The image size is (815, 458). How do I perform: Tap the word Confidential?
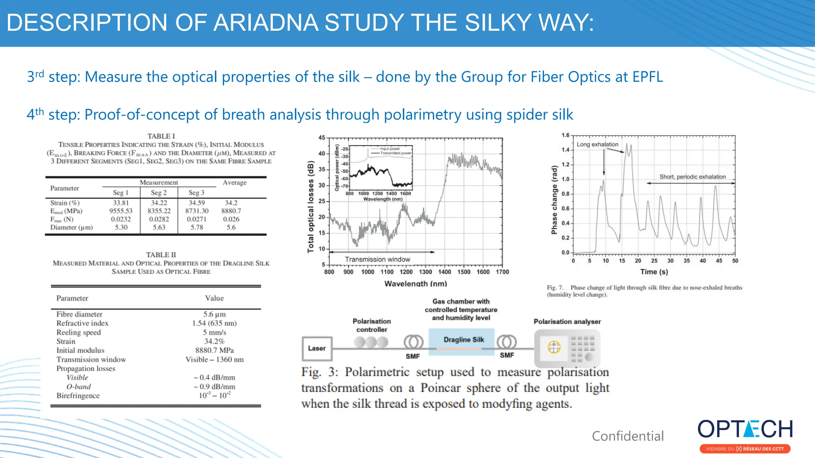(x=628, y=436)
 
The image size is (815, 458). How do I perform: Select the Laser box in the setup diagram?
(x=317, y=348)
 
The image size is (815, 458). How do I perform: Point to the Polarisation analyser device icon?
(x=567, y=348)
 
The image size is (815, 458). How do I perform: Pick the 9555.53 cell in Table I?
(x=121, y=211)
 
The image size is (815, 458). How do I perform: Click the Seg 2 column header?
(x=159, y=192)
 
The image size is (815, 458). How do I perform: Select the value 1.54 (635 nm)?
(x=214, y=323)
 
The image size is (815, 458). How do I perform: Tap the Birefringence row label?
(x=78, y=396)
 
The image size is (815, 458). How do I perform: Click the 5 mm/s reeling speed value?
(x=214, y=332)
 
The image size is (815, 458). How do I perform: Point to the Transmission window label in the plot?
(x=377, y=259)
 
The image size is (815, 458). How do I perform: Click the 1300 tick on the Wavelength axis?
(x=425, y=272)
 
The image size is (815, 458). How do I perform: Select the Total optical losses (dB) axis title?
(x=311, y=206)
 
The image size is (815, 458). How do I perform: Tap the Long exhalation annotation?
(x=597, y=144)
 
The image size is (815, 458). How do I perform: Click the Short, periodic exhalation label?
(x=692, y=177)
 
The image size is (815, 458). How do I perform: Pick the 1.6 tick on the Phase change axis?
(x=565, y=135)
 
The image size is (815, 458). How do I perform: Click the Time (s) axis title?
(x=654, y=272)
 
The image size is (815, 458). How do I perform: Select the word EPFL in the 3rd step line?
(x=647, y=77)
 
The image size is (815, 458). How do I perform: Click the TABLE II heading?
(x=161, y=255)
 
